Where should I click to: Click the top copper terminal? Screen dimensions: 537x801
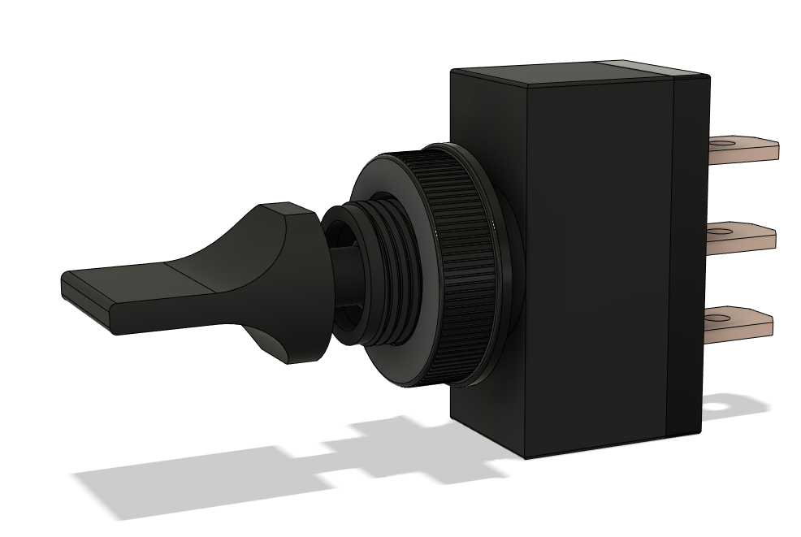(751, 149)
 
